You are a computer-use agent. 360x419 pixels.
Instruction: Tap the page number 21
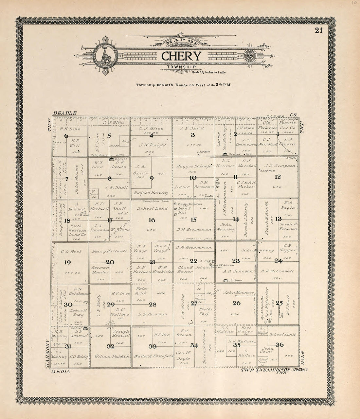coord(319,31)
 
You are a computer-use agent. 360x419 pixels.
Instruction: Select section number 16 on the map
coord(152,220)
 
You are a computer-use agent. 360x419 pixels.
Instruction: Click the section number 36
coord(279,344)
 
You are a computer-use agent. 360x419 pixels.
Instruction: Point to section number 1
coord(278,134)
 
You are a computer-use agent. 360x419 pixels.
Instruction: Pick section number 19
coord(67,262)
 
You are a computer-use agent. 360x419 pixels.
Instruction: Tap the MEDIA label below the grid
coord(59,372)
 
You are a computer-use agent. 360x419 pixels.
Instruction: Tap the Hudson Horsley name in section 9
coord(151,193)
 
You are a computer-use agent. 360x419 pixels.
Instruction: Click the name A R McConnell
coord(278,271)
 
